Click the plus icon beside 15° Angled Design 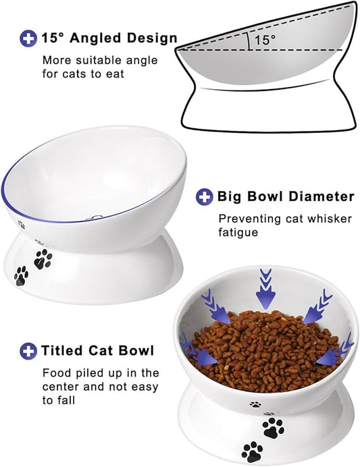point(28,38)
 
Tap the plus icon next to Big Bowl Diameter point(205,196)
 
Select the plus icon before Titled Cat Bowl point(28,350)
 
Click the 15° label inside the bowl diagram point(265,40)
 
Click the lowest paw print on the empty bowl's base point(21,275)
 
